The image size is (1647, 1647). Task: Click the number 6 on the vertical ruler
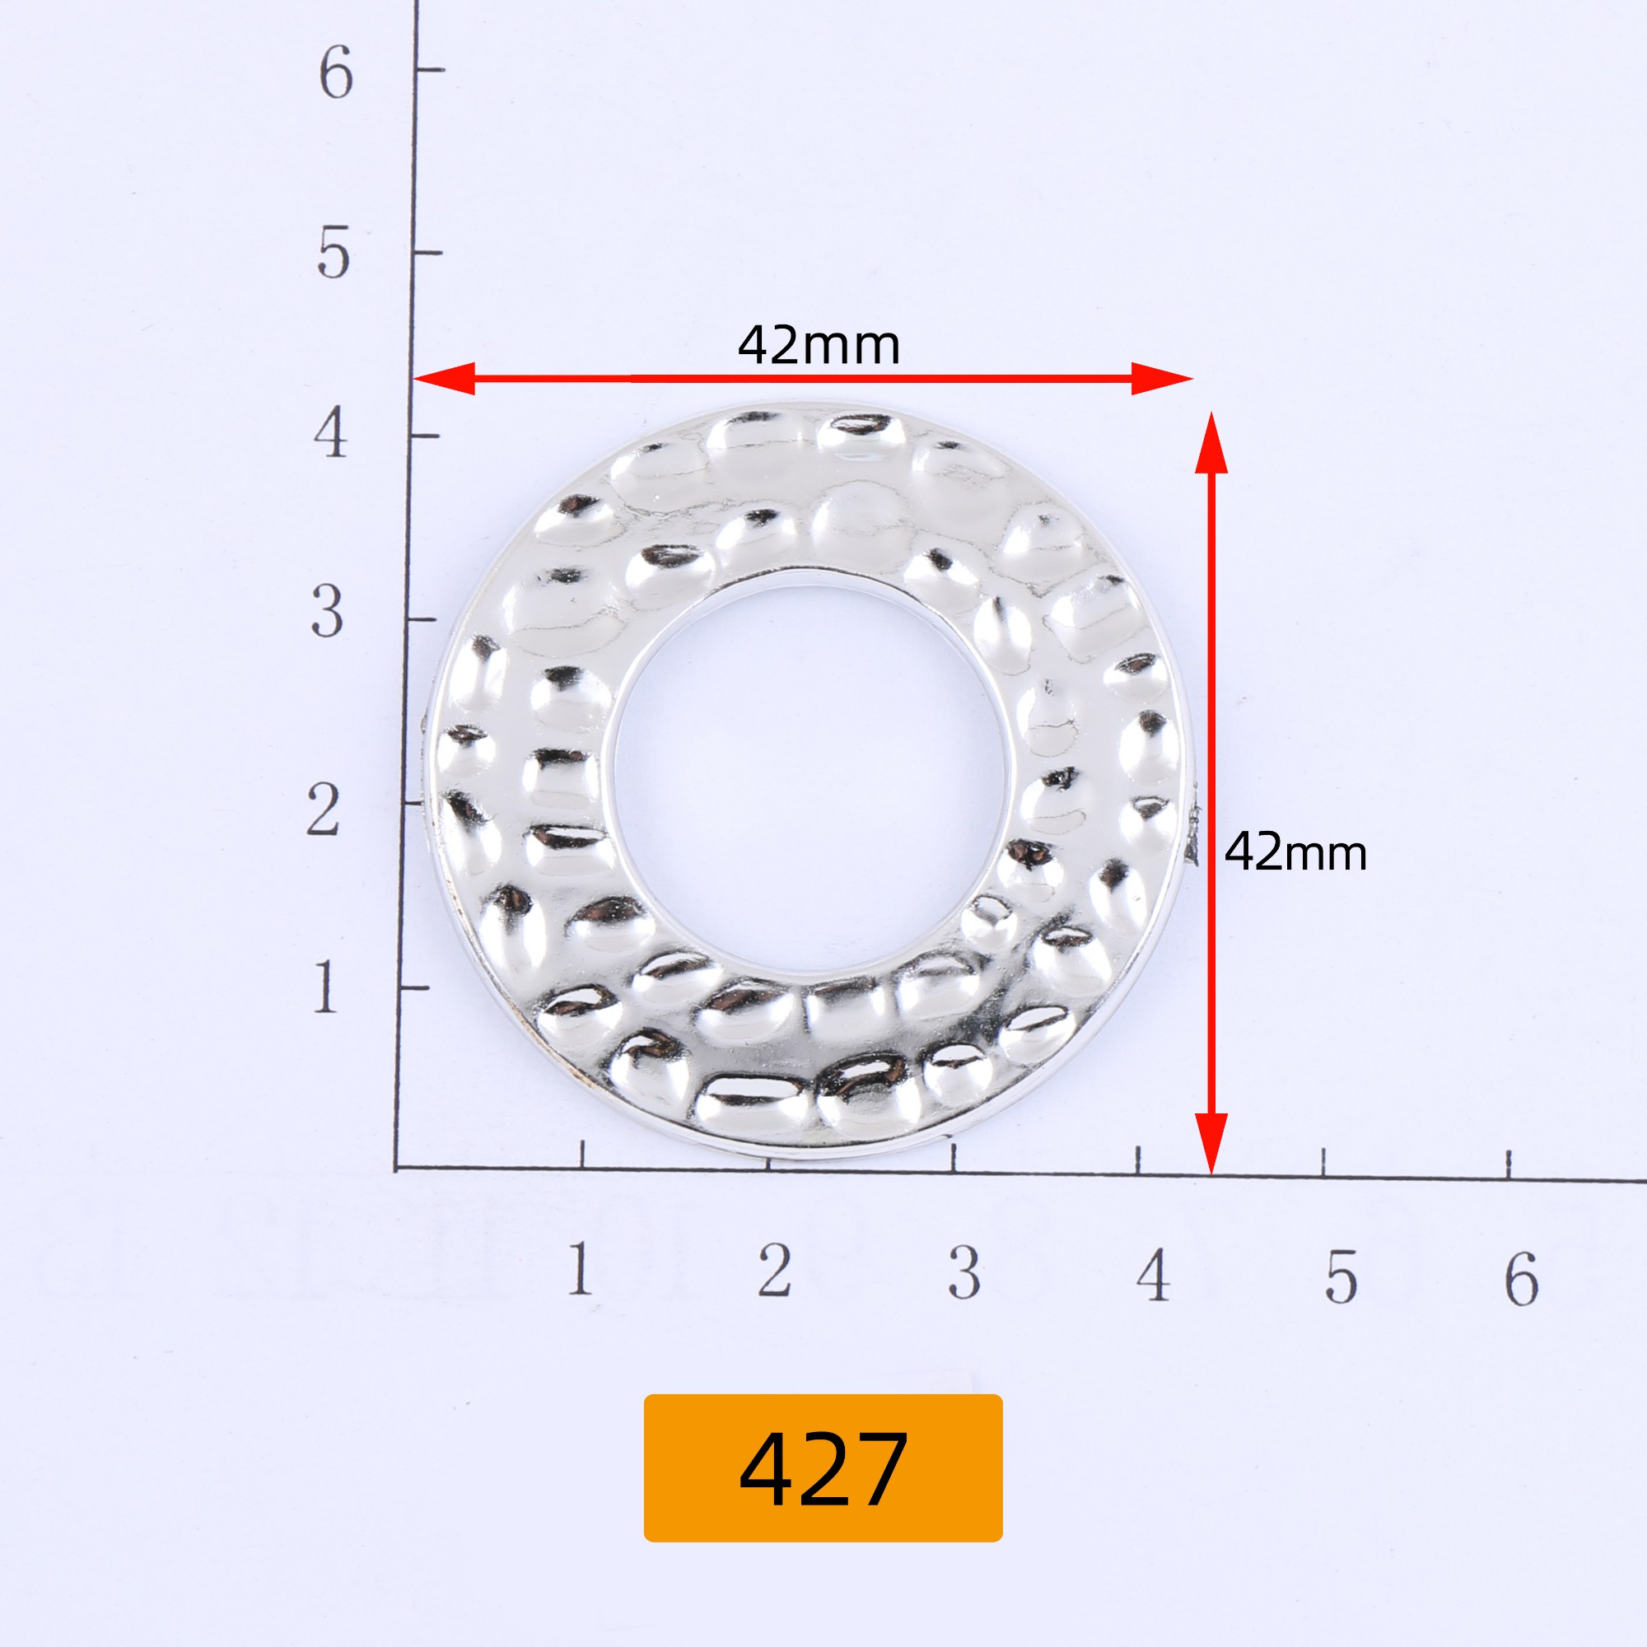[336, 72]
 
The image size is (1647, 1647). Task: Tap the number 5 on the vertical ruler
[334, 253]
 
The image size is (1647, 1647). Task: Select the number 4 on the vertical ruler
[331, 432]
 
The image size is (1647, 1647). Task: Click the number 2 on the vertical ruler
[324, 810]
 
